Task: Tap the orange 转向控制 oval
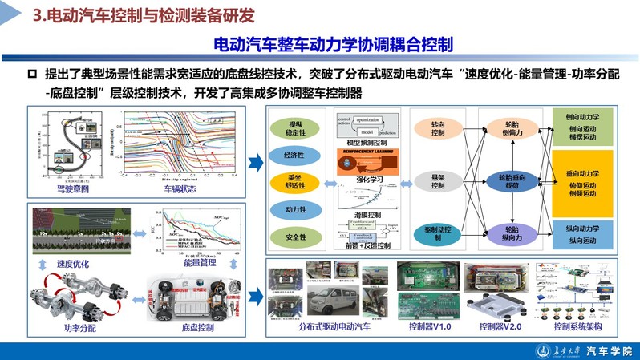pos(437,129)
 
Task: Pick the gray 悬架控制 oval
pos(437,181)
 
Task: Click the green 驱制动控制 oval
pos(437,233)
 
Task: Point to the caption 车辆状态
pos(181,190)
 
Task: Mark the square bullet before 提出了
pos(32,74)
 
